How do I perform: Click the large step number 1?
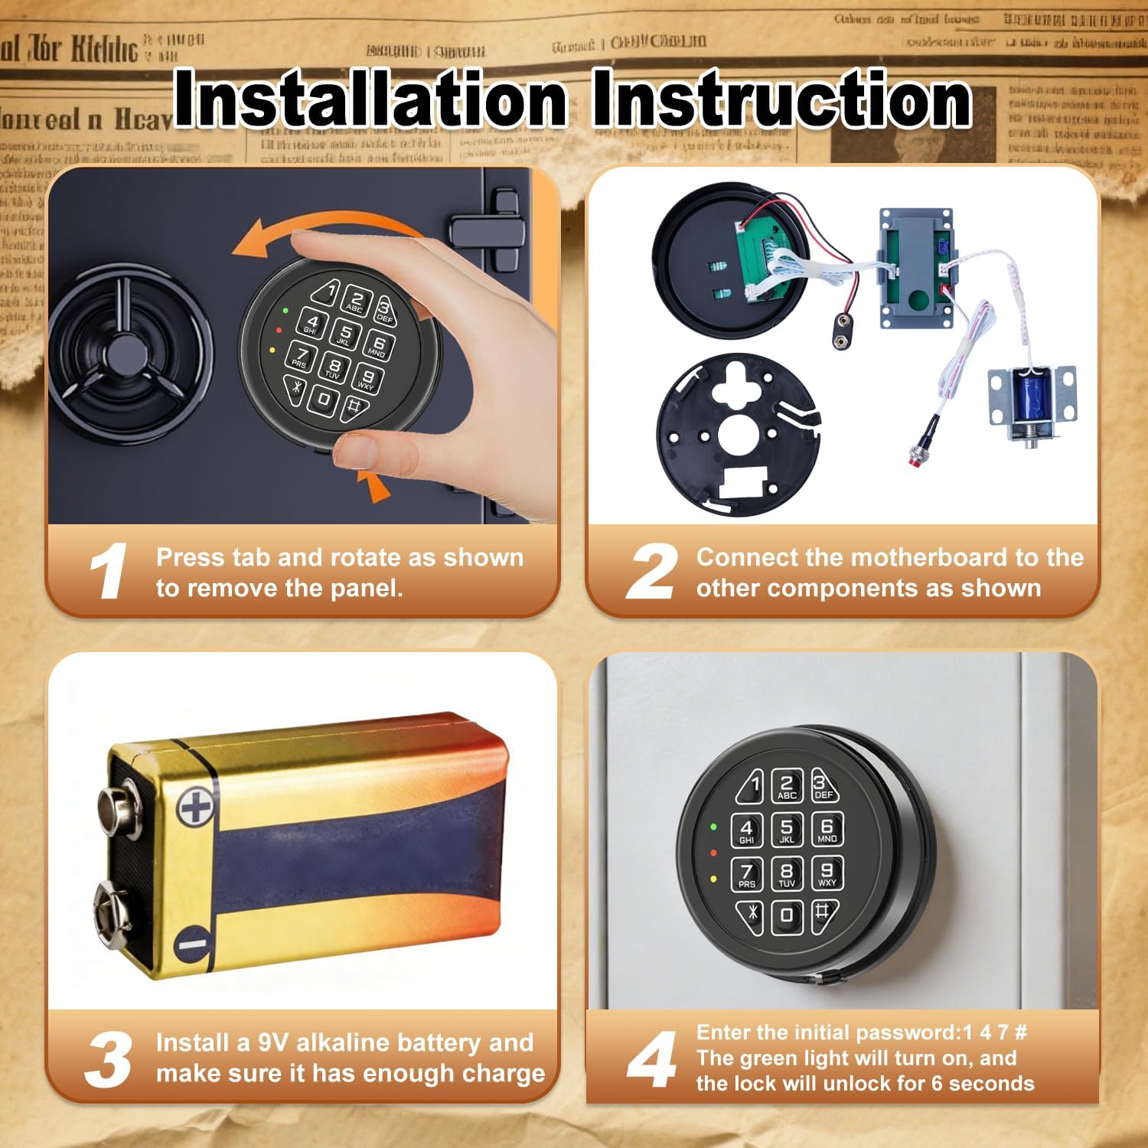(x=108, y=571)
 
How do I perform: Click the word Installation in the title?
(x=370, y=99)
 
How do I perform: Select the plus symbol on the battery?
(x=195, y=808)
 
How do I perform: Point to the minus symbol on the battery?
(x=194, y=944)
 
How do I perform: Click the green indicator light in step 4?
(x=713, y=827)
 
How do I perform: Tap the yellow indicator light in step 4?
(x=713, y=879)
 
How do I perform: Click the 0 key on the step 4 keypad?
(x=786, y=915)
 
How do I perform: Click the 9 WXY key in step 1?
(x=368, y=377)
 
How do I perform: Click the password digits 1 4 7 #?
(x=995, y=1032)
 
